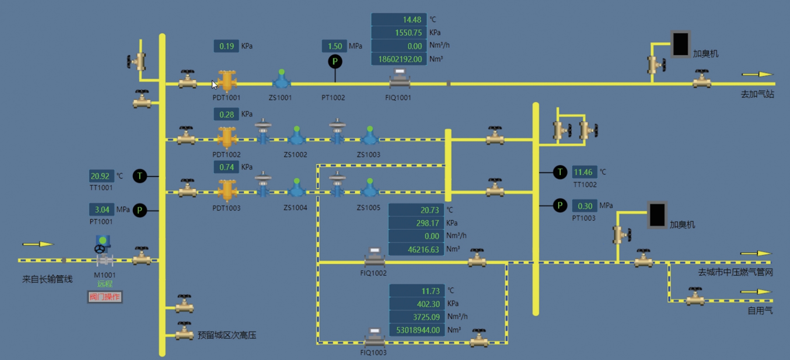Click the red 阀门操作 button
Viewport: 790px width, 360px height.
click(x=105, y=297)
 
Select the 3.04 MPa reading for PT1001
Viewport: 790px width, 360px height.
click(x=101, y=210)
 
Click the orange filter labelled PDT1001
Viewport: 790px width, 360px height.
click(x=226, y=81)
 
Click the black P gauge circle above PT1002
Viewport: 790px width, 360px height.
click(x=335, y=61)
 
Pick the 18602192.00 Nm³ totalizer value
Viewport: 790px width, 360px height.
click(x=399, y=59)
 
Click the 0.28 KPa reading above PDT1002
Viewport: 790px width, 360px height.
click(x=226, y=114)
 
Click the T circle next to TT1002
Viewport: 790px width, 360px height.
click(x=560, y=172)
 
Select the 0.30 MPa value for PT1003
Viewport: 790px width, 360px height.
click(x=584, y=206)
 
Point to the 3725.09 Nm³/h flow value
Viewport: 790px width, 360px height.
click(x=417, y=317)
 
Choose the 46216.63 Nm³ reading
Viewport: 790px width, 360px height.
click(x=416, y=250)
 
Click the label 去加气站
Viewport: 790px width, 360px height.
click(x=757, y=94)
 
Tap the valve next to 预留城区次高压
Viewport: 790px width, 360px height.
click(x=184, y=331)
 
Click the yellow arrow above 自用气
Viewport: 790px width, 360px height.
click(x=756, y=292)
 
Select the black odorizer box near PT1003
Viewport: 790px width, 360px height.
click(x=657, y=215)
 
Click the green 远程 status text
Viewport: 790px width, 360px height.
click(x=105, y=284)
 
